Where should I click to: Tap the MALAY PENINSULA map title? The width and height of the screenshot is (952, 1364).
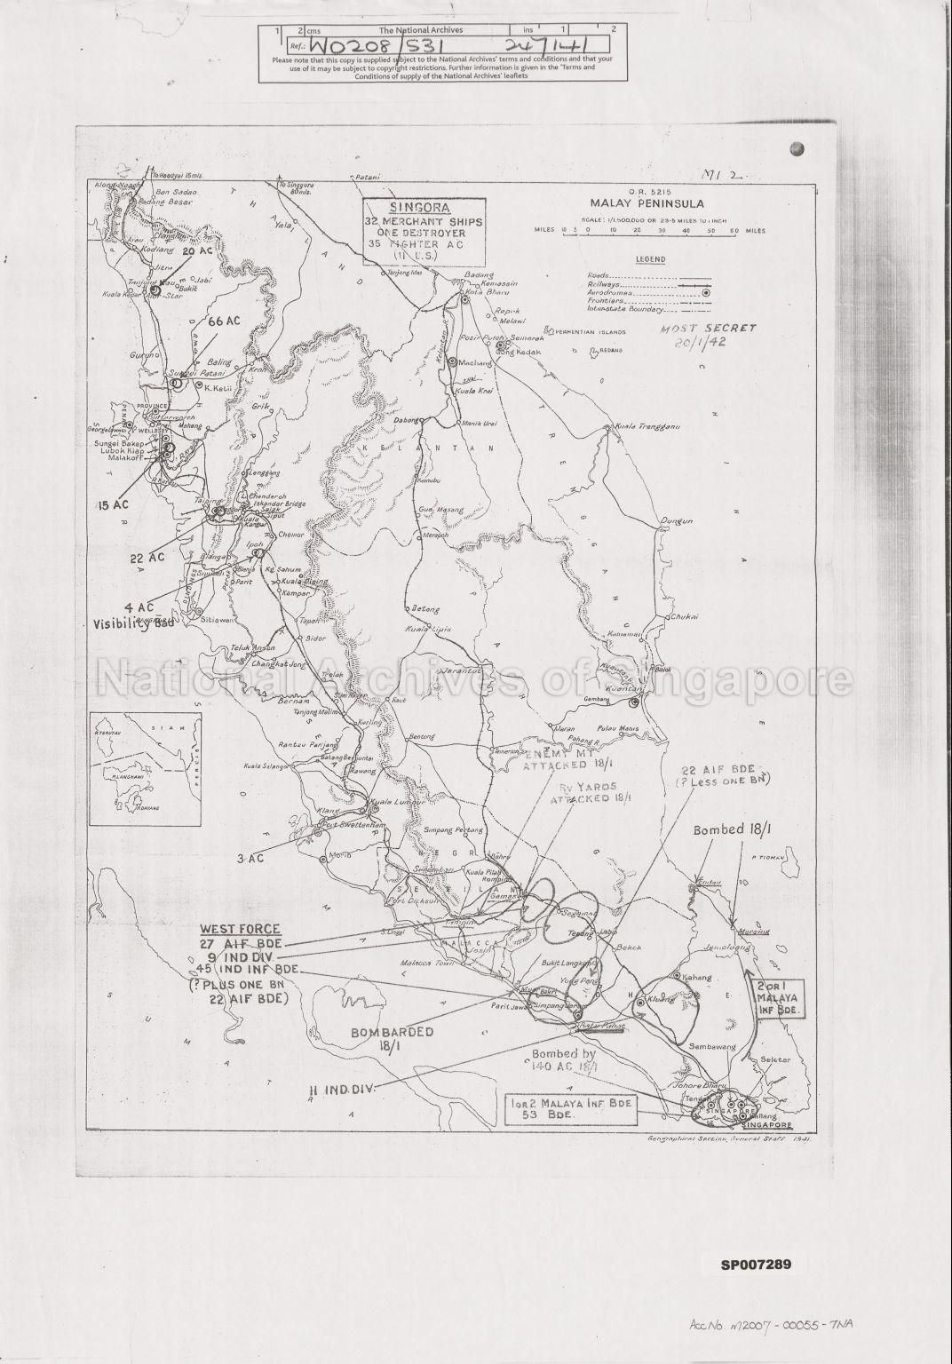[x=639, y=204]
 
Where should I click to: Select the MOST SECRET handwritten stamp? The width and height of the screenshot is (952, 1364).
[x=709, y=329]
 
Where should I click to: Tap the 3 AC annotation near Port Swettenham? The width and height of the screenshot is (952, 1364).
[x=251, y=859]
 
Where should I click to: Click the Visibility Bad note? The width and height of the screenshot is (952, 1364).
[x=134, y=623]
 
